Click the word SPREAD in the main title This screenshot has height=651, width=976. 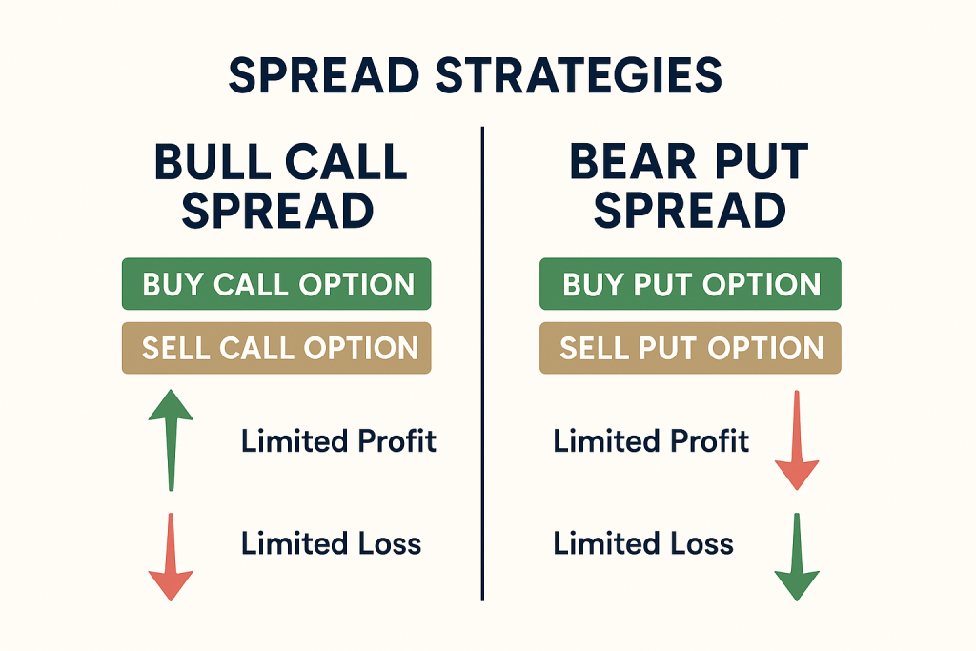(x=324, y=75)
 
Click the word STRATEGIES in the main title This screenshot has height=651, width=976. (x=579, y=75)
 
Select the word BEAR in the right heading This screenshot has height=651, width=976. (x=633, y=162)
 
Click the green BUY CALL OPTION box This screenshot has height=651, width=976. (x=276, y=284)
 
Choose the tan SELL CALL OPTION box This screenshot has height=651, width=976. (x=276, y=348)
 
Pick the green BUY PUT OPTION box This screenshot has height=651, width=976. (x=690, y=284)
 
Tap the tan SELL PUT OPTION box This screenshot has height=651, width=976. (x=690, y=348)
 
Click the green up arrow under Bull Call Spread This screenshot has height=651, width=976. (x=171, y=440)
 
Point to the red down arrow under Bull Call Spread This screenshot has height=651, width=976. (x=171, y=557)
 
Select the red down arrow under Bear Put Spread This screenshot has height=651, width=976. (x=797, y=440)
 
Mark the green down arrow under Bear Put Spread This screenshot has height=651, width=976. (x=797, y=557)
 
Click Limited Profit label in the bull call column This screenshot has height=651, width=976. (x=338, y=440)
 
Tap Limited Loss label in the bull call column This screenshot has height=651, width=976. (x=331, y=542)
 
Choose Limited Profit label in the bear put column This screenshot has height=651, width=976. (x=651, y=440)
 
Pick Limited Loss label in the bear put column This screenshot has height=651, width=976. (x=643, y=542)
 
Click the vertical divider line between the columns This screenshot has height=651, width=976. (x=482, y=364)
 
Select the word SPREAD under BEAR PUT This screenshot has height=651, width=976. (x=690, y=210)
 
